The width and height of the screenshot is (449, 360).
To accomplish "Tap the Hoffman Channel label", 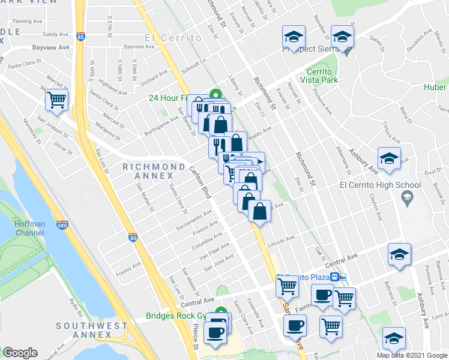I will pyautogui.click(x=30, y=228).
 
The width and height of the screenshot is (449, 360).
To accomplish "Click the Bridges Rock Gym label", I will pyautogui.click(x=180, y=316).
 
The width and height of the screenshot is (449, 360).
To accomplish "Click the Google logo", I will pyautogui.click(x=20, y=353).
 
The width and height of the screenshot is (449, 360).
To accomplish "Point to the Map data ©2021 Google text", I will pyautogui.click(x=411, y=355).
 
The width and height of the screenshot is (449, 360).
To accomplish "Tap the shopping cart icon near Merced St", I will pyautogui.click(x=57, y=100).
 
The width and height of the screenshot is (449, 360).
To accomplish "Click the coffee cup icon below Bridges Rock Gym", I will pyautogui.click(x=215, y=332).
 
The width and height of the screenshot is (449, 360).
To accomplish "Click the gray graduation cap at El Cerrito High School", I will pyautogui.click(x=408, y=197).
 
